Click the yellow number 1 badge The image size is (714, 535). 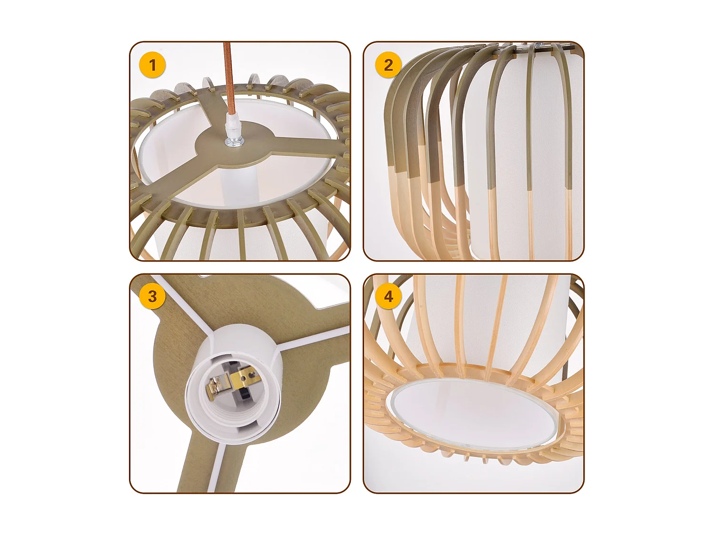(x=152, y=65)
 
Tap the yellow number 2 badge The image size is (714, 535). (x=388, y=65)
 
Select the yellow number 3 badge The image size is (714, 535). (x=152, y=296)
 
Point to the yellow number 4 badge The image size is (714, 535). (x=388, y=296)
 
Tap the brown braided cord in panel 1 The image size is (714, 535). (x=228, y=81)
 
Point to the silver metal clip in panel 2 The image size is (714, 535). (x=543, y=46)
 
